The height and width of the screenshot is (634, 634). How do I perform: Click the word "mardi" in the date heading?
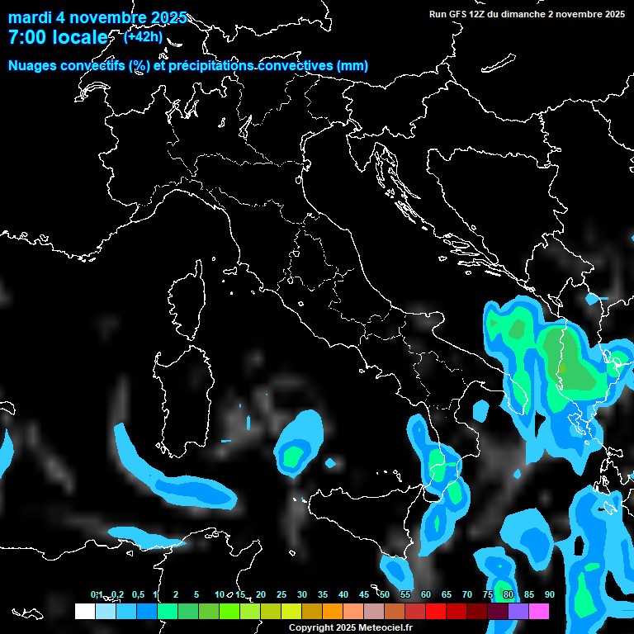[31, 18]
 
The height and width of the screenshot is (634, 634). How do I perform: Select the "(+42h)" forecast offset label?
[143, 36]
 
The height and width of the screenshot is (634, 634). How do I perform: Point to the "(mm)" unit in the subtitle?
[352, 66]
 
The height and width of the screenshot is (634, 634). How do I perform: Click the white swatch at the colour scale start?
[84, 612]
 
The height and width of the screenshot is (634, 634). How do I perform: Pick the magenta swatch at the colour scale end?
[539, 612]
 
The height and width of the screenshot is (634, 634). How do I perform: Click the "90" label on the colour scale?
[549, 594]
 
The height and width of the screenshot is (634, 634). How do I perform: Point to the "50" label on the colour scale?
[384, 594]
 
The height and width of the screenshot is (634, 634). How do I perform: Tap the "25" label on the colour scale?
[281, 594]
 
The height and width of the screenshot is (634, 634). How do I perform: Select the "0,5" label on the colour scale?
[137, 594]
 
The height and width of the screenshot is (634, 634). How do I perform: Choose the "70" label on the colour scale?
[466, 594]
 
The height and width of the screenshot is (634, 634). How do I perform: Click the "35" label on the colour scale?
[322, 594]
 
